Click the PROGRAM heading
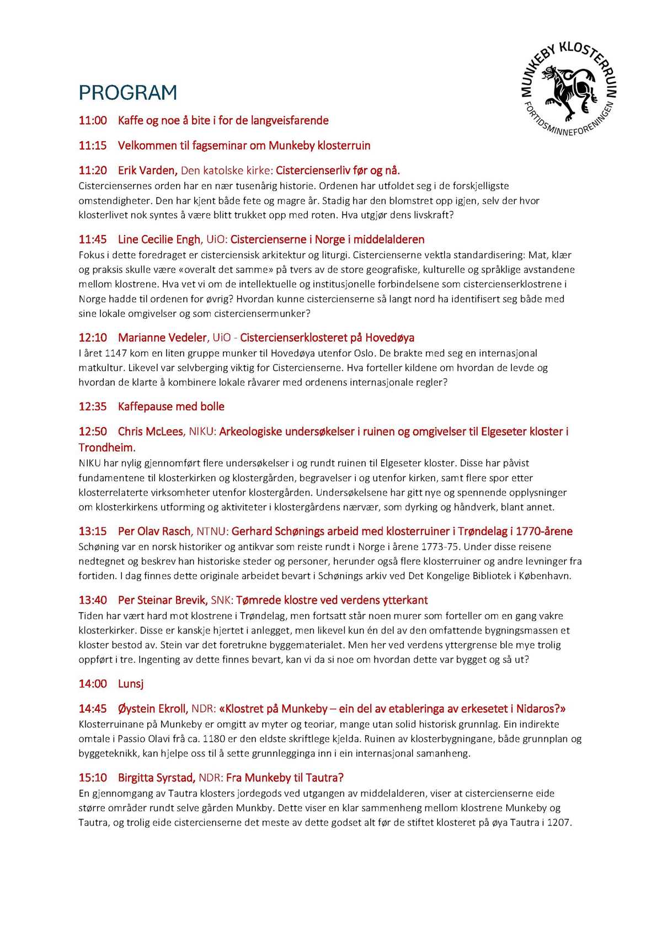127,93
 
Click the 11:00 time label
93,121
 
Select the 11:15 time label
93,146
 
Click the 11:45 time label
93,240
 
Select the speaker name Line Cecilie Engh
159,240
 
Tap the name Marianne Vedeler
163,338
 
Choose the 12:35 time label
93,407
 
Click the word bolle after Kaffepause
212,407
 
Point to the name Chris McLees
151,432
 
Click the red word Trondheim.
106,448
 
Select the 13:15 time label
93,531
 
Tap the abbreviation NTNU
212,531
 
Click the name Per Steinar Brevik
163,600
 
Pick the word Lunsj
131,684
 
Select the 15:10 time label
93,778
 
